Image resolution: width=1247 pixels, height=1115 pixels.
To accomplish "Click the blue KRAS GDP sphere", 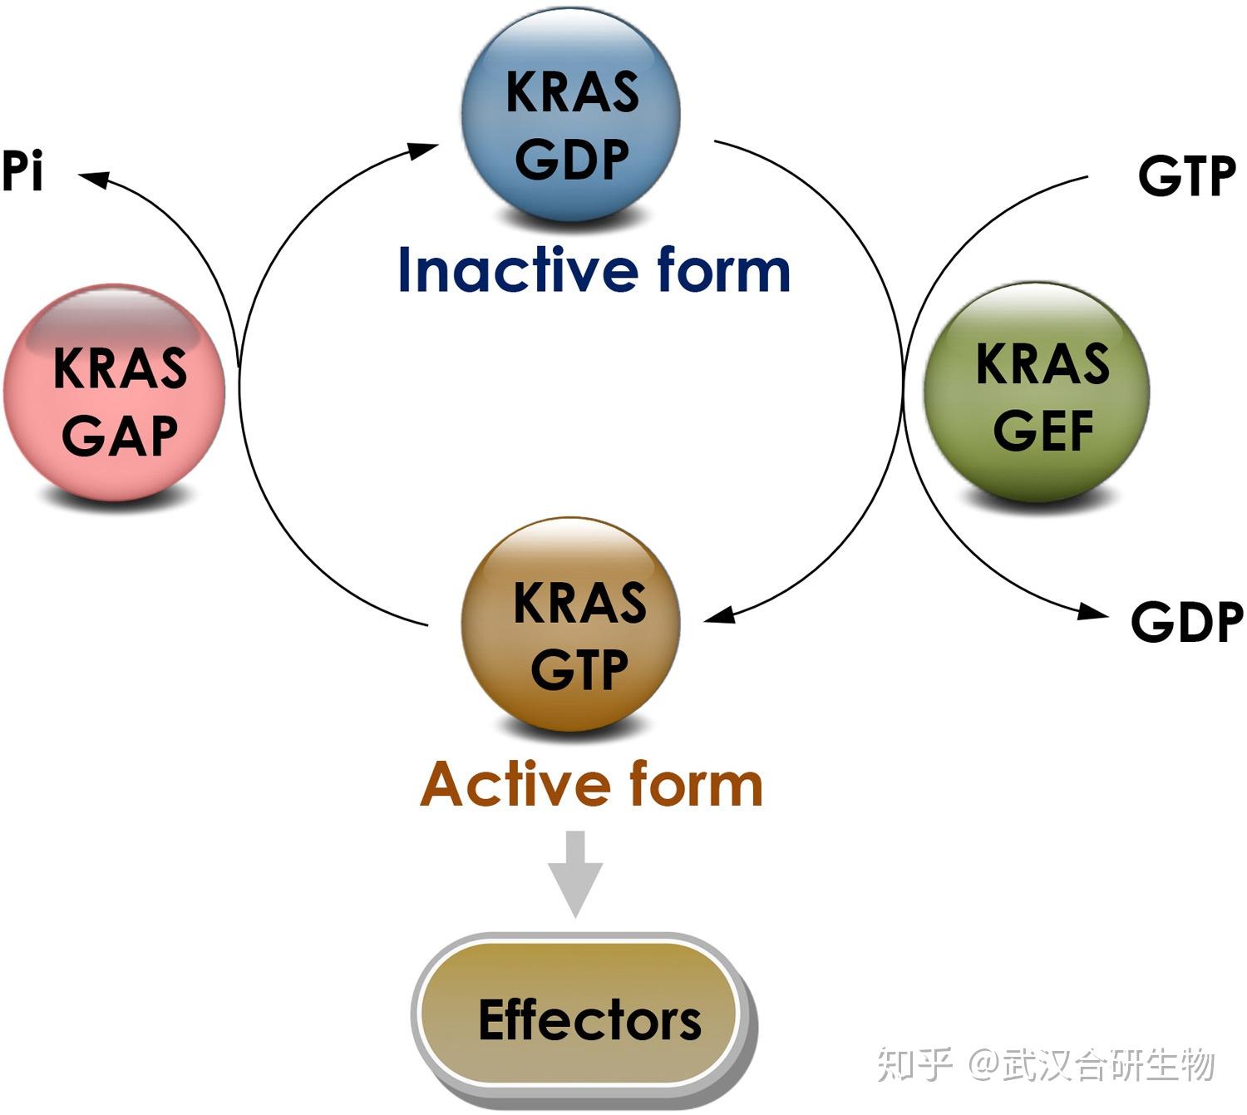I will (571, 116).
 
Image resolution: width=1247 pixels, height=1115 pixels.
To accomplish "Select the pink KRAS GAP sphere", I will (115, 392).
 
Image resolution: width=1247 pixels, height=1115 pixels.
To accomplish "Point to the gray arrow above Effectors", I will (575, 873).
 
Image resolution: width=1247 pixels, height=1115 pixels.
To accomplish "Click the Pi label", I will (22, 171).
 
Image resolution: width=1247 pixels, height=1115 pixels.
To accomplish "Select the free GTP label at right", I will (1186, 176).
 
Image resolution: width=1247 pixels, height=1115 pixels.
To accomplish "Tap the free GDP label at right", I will (1186, 622).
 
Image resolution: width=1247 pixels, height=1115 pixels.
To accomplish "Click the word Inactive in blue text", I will (515, 270).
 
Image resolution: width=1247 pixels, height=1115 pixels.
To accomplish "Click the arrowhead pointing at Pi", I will (91, 177).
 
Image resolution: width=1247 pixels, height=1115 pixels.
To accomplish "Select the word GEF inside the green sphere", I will (1043, 431).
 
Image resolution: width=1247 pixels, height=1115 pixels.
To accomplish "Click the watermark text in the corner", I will (1046, 1064).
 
